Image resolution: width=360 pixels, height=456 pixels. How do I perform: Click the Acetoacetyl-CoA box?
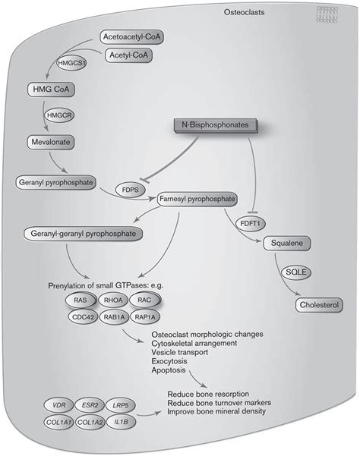(134, 36)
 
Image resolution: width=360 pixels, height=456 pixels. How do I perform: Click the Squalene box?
(286, 244)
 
